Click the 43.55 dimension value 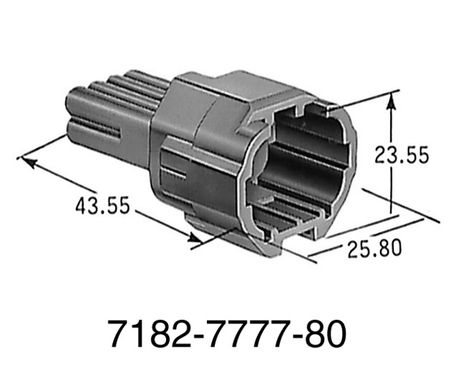coord(103,205)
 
